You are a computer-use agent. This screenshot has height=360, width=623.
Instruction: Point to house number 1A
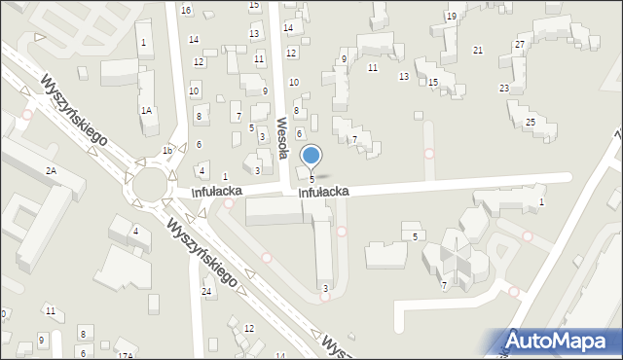tap(146, 111)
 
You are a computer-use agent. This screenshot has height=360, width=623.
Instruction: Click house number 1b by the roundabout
tap(167, 151)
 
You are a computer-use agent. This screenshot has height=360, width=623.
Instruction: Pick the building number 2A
tap(51, 171)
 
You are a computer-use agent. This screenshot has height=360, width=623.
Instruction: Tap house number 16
tap(186, 10)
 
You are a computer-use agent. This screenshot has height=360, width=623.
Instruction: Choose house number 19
tap(451, 17)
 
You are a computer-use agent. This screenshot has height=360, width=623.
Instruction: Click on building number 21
tap(478, 50)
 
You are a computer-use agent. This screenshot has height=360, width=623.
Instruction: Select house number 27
tap(521, 45)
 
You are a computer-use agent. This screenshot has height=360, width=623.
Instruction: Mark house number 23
tap(504, 89)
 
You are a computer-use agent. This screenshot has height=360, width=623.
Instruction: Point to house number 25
tap(531, 122)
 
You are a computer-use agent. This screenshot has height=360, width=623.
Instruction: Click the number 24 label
tap(206, 292)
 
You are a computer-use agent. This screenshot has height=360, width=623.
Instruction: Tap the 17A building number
tap(125, 356)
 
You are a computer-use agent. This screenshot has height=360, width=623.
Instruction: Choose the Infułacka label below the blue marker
tap(323, 193)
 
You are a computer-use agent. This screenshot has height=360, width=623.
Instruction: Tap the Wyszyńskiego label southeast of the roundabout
tap(202, 251)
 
